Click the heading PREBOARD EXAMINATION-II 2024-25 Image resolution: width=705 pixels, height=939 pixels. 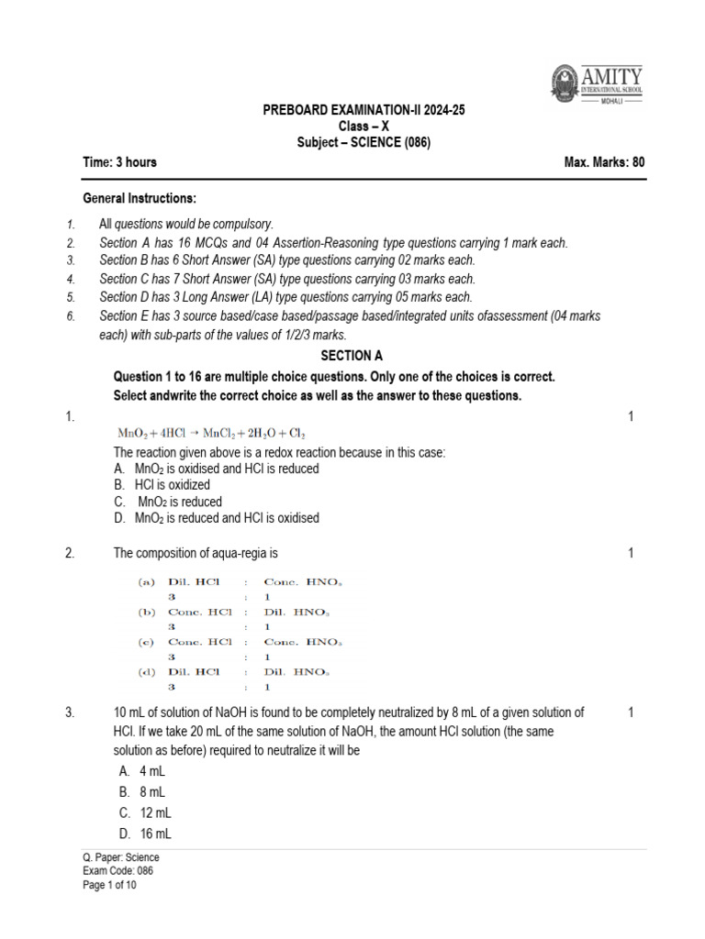364,110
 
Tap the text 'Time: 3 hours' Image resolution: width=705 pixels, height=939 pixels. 119,162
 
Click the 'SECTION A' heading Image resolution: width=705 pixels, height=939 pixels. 352,356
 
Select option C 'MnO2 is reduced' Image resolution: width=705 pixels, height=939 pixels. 179,502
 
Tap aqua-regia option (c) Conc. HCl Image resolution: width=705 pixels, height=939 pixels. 194,642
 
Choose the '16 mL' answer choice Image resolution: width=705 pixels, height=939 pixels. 155,834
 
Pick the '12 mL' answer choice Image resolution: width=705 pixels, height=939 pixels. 155,812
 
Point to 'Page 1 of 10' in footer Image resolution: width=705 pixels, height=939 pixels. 109,885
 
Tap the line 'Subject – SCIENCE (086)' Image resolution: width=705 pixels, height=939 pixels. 364,142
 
